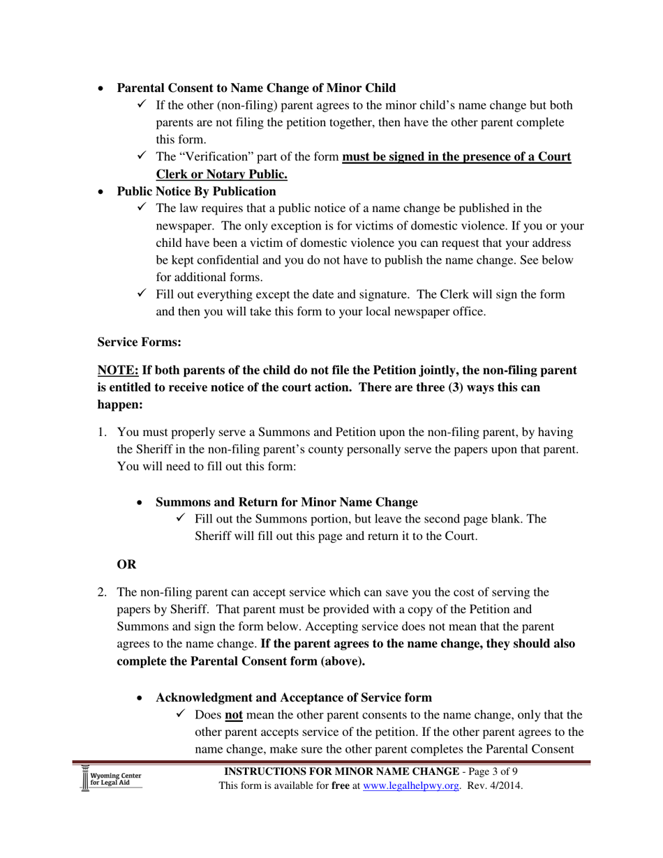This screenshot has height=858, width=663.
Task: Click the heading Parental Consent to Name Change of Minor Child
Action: [255, 88]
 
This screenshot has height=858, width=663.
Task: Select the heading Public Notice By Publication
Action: [196, 191]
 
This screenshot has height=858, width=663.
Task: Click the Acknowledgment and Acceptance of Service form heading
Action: [293, 698]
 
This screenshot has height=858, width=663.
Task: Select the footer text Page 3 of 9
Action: [493, 772]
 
